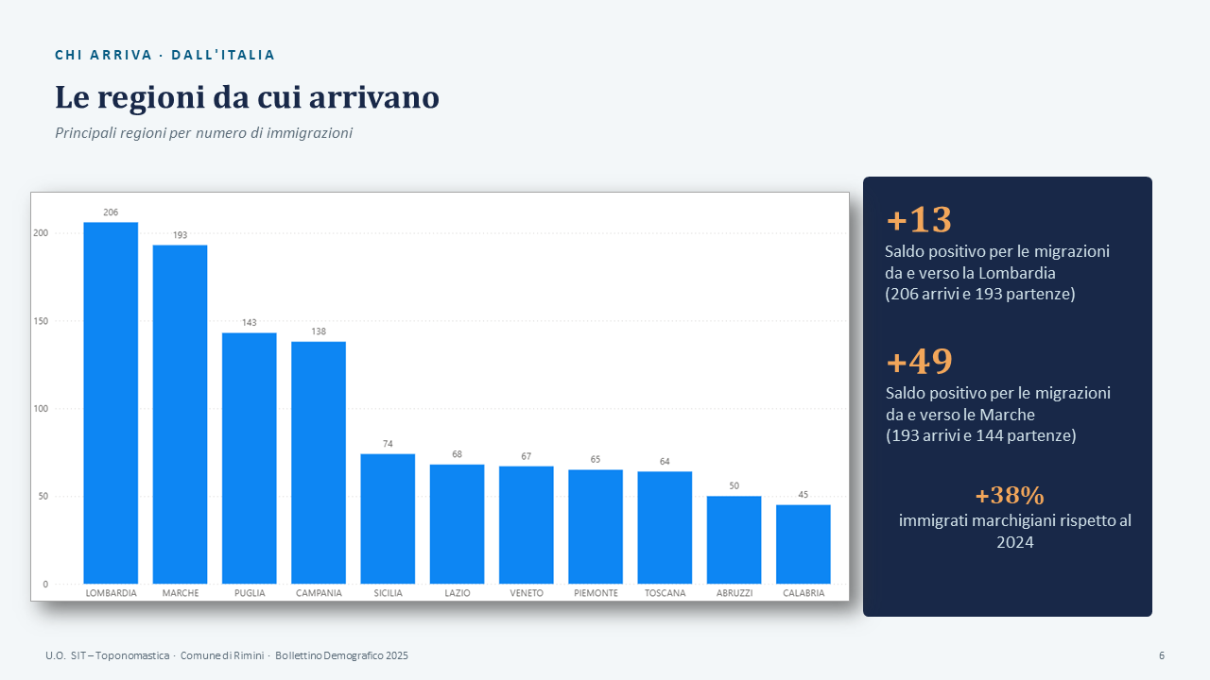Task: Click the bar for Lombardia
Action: tap(111, 402)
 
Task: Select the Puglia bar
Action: tap(249, 458)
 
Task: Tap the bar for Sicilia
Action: tap(388, 518)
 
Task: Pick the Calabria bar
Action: tap(804, 544)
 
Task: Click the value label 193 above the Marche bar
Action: tap(180, 235)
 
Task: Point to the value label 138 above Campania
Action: tap(319, 331)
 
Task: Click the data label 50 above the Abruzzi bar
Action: tap(735, 485)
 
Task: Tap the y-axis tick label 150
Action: tap(41, 321)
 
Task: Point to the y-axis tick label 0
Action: tap(45, 584)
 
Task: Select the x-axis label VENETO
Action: tap(527, 593)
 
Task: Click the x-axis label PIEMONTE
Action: tap(596, 593)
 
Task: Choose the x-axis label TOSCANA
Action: tap(665, 593)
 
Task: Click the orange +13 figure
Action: tap(919, 220)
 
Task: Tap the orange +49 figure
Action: tap(920, 362)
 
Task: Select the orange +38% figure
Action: tap(1010, 496)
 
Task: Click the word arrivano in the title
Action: tap(374, 97)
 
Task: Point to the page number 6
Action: tap(1162, 655)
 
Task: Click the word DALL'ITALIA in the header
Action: tap(223, 55)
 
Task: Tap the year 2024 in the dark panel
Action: tap(1015, 542)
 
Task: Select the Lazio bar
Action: tap(457, 524)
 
